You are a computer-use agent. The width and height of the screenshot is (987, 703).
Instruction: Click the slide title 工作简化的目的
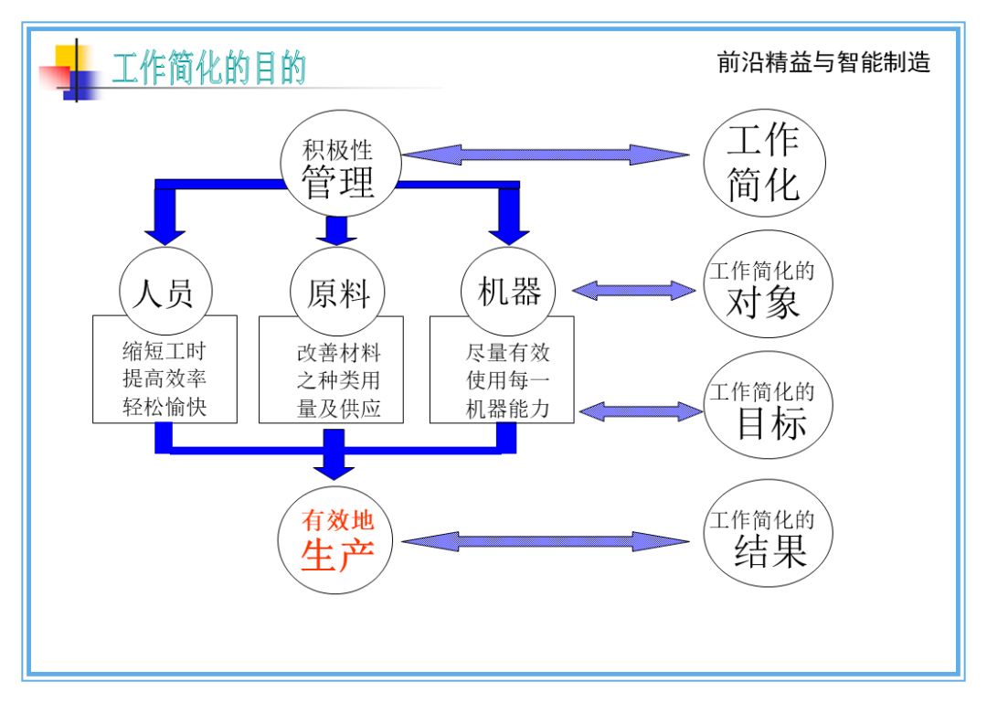coord(208,69)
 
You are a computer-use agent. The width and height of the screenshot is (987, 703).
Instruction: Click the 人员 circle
coord(165,293)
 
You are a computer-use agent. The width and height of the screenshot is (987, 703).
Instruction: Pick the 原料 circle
coord(337,293)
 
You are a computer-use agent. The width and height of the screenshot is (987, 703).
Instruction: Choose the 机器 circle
coord(509,292)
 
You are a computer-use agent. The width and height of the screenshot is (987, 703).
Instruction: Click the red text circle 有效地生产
coord(337,540)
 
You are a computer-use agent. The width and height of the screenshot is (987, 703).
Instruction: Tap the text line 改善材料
coord(337,352)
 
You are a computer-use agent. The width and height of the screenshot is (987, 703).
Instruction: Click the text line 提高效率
coord(165,379)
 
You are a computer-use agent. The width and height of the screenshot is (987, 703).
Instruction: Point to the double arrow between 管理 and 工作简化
coord(545,154)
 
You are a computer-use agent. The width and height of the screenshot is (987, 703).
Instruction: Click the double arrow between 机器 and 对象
coord(634,291)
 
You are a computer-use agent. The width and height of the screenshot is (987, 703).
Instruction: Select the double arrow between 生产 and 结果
coord(546,541)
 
